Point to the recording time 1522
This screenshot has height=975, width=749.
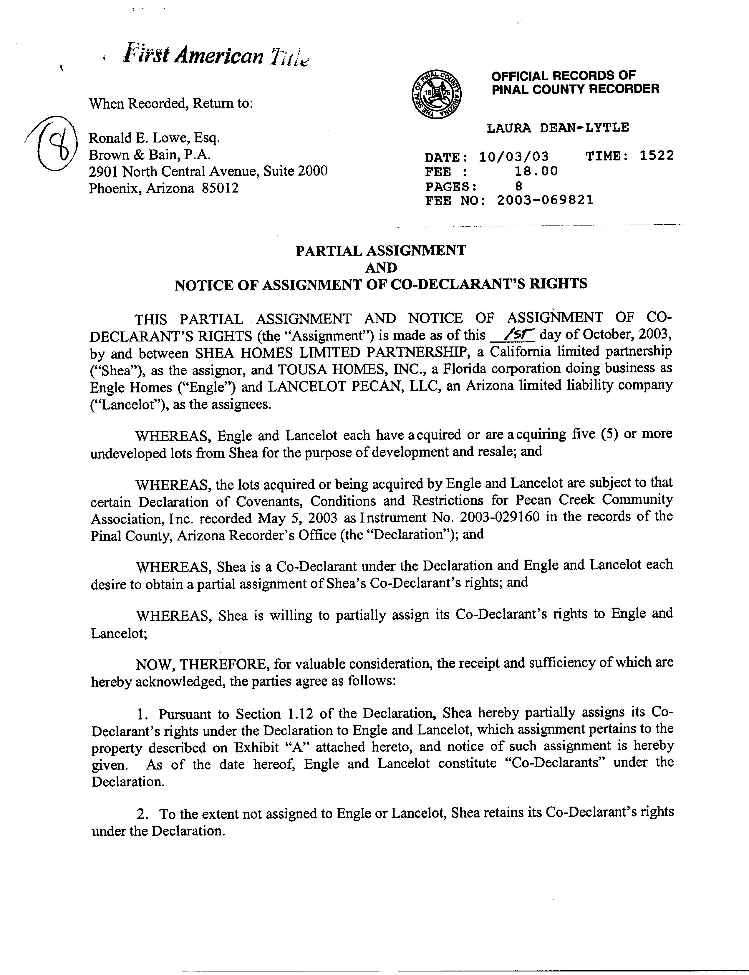point(657,156)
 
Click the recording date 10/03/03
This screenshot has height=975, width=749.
point(514,157)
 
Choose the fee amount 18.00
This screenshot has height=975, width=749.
point(536,171)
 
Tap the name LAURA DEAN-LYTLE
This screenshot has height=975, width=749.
point(558,128)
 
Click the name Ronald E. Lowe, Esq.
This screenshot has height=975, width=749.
point(154,138)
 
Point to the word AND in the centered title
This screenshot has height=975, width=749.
point(381,268)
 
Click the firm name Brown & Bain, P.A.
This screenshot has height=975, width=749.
point(149,155)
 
